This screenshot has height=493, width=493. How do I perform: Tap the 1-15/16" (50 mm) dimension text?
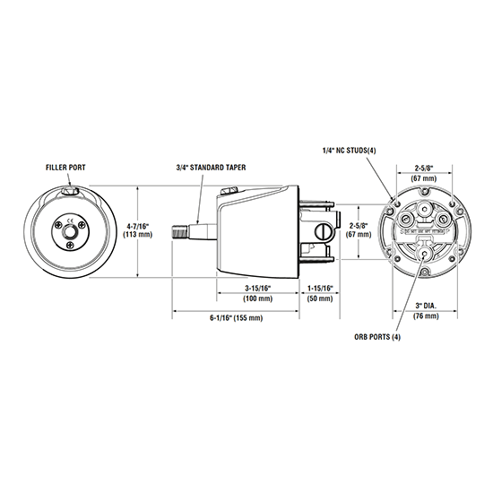(x=320, y=291)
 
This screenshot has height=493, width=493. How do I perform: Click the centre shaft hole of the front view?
(x=71, y=231)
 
